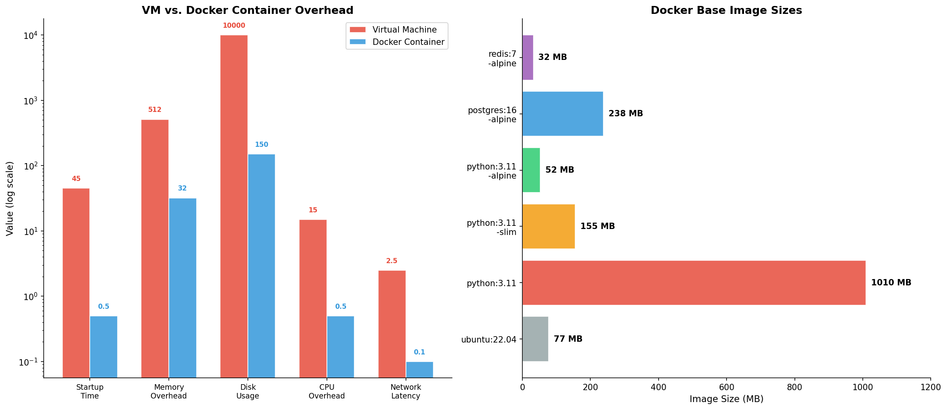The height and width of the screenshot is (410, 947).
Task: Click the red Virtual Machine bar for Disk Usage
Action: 234,206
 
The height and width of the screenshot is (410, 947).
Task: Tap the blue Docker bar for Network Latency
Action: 419,370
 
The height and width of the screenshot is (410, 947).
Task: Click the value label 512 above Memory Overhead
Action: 155,110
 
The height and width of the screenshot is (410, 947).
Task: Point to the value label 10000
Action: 234,26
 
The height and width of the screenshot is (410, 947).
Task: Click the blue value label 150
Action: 261,145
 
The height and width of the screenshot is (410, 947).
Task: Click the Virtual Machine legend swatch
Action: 357,30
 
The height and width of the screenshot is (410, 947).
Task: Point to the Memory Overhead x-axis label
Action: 168,391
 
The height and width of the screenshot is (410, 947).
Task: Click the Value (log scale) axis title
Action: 10,198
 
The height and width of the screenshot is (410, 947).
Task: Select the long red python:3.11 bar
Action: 693,283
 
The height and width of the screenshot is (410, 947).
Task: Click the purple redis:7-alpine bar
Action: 528,58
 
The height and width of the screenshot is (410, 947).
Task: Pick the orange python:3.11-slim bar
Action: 548,226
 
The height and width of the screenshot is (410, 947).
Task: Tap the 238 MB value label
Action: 625,114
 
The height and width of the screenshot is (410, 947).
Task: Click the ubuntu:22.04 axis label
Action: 488,340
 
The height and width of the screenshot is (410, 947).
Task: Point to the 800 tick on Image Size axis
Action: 794,387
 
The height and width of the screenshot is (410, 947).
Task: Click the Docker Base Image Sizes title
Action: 726,10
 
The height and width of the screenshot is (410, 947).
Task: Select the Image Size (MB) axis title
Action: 726,399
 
